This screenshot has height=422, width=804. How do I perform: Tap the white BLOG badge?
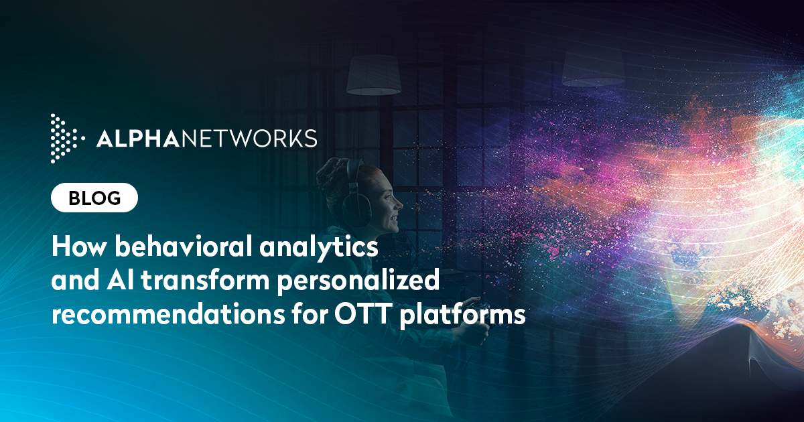(x=94, y=198)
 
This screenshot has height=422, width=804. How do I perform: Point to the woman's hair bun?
(x=330, y=175)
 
